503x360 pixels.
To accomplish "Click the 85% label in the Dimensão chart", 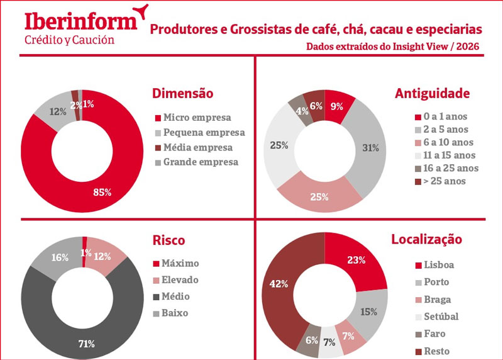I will [x=102, y=192].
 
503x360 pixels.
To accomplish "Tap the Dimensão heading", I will [x=183, y=94].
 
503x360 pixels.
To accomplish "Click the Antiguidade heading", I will [x=433, y=94].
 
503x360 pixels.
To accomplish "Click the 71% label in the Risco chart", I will [x=86, y=344].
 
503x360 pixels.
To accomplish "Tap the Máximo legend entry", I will [x=181, y=263].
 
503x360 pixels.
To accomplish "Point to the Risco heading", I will [x=169, y=240].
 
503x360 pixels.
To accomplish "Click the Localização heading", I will [x=426, y=239].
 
